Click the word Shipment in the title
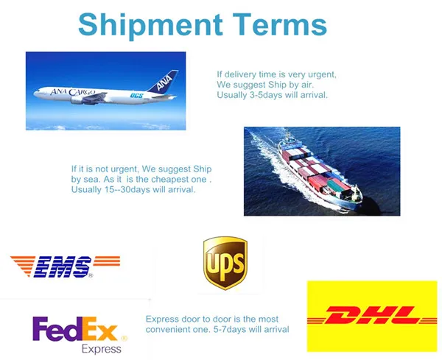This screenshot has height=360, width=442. click(x=151, y=26)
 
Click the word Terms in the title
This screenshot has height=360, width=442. click(x=279, y=24)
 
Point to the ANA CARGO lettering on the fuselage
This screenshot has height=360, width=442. click(x=73, y=92)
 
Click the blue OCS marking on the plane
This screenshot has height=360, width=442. click(x=136, y=96)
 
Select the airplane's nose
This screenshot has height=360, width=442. click(x=35, y=93)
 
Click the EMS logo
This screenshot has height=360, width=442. click(x=66, y=267)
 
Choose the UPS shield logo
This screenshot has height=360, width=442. click(x=225, y=263)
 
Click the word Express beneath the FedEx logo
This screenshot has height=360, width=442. click(x=102, y=349)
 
